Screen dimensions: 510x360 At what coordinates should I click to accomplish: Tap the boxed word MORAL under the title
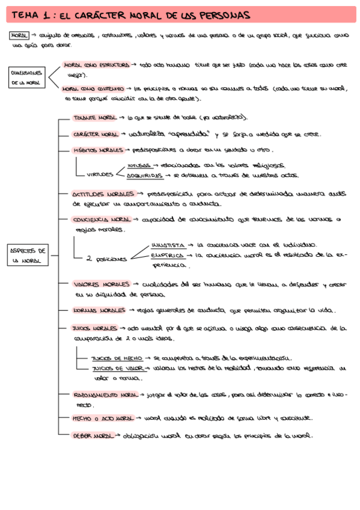click(x=19, y=35)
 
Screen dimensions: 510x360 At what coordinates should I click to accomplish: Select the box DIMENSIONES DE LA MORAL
click(x=25, y=78)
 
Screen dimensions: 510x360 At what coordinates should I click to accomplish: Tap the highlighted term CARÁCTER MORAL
click(x=95, y=134)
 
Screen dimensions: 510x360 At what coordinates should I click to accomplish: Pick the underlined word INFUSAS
click(x=139, y=165)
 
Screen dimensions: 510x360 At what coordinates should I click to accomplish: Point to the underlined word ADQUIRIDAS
click(x=144, y=176)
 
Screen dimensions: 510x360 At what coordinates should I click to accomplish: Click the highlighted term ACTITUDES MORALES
click(x=102, y=194)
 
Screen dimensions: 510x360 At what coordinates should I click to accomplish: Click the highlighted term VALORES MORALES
click(x=102, y=284)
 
